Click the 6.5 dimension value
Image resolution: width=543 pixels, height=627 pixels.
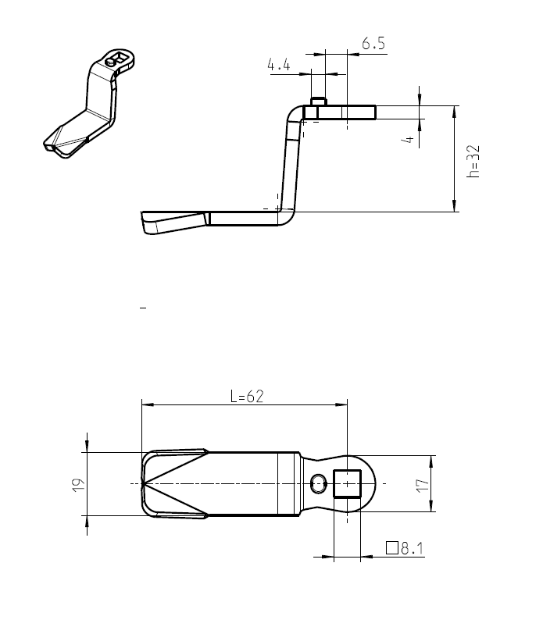point(373,44)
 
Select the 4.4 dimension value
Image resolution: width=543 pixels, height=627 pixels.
point(279,66)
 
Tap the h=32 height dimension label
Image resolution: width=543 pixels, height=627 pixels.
point(473,160)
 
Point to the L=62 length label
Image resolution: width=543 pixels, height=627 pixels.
point(247,396)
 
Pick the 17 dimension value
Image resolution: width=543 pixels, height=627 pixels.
point(423,484)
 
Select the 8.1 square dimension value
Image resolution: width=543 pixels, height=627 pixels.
point(412,548)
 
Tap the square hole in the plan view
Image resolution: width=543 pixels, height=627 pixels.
point(346,483)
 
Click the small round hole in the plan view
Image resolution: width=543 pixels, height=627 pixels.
point(317,483)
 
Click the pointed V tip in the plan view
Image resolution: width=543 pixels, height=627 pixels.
point(144,484)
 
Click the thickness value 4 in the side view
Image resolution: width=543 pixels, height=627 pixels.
point(406,138)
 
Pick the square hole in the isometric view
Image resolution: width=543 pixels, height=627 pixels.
point(118,56)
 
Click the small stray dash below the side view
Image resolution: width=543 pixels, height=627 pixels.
point(143,309)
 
